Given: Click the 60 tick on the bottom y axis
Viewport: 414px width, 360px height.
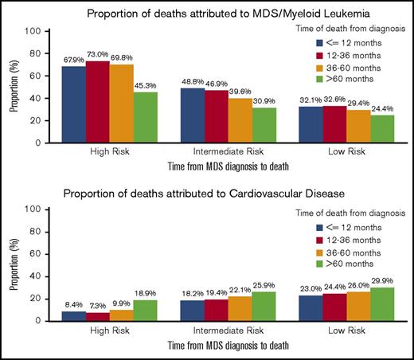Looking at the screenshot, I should click(36, 253).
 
